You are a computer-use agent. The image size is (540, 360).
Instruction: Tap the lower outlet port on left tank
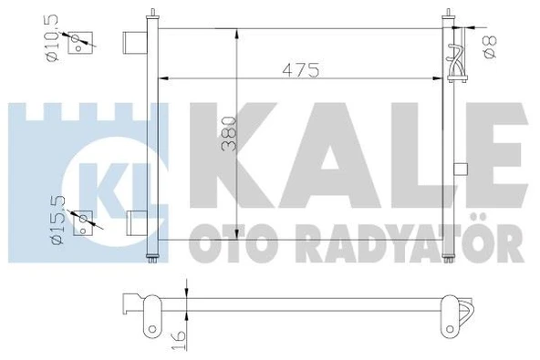click(x=137, y=221)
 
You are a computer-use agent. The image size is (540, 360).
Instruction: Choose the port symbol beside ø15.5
click(x=84, y=223)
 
